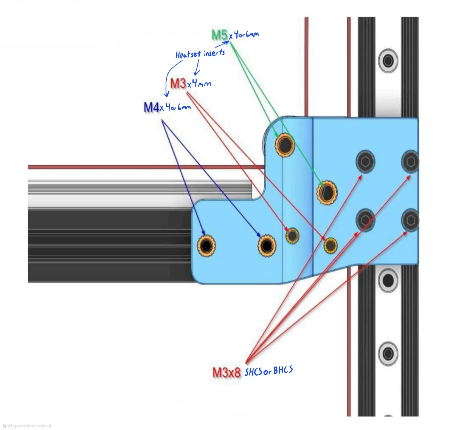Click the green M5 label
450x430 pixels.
point(219,35)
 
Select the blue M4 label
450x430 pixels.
point(151,107)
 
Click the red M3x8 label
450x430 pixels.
point(226,373)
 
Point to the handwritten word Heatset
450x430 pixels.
point(188,55)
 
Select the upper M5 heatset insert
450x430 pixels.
point(285,144)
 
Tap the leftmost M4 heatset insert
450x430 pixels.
point(206,246)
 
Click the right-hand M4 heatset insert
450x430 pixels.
point(267,246)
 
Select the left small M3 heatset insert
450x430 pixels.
point(292,236)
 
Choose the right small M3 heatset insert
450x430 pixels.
point(331,246)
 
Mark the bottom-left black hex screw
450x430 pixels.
point(365,220)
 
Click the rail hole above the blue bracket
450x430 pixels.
point(388,60)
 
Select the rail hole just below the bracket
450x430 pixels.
point(388,280)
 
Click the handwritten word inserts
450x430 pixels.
point(214,53)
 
